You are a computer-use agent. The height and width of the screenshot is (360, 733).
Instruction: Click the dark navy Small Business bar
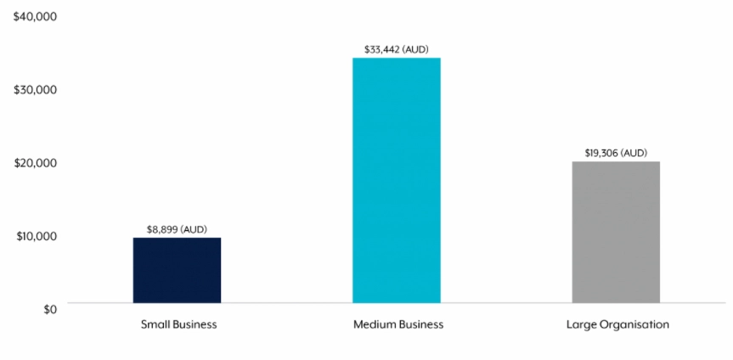pos(177,270)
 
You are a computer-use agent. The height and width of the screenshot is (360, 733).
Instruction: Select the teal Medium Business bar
pos(397,180)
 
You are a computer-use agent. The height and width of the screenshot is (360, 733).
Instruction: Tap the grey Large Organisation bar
pos(616,232)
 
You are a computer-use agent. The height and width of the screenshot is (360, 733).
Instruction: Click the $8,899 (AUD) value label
pos(177,229)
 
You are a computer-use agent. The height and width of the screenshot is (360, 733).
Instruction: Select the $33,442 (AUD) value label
pos(397,49)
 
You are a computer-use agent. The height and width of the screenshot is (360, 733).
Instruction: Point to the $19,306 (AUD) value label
pos(616,153)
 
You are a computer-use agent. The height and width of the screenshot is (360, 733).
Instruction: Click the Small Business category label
pos(178,324)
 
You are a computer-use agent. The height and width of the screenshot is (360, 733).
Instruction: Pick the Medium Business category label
pos(398,324)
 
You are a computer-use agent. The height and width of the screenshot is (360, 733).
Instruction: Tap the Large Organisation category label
pos(617,324)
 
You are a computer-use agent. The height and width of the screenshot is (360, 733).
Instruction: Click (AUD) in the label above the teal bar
pos(415,49)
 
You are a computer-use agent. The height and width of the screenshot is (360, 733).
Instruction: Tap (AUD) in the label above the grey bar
pos(634,153)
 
